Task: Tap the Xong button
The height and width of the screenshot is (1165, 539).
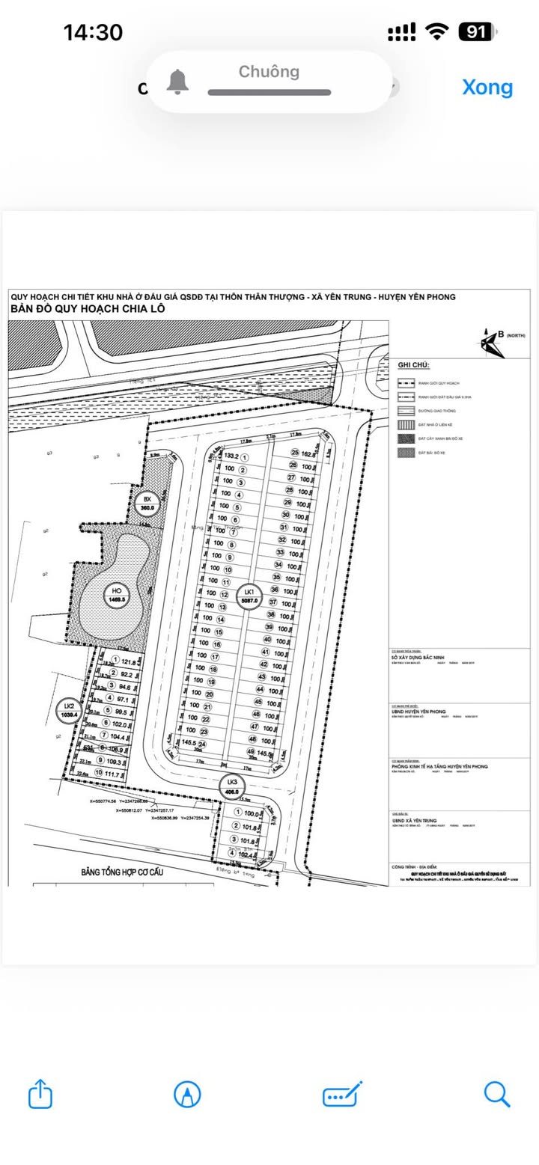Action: click(x=487, y=87)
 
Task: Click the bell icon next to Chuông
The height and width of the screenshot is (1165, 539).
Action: click(x=177, y=82)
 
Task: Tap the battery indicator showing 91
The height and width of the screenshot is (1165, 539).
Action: click(x=477, y=31)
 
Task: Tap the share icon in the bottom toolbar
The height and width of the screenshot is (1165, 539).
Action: click(x=40, y=1095)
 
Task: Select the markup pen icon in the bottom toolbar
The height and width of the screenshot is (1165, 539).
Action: click(x=186, y=1095)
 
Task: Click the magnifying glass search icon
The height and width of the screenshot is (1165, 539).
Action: click(x=496, y=1094)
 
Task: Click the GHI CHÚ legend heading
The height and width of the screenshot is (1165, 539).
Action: click(x=413, y=365)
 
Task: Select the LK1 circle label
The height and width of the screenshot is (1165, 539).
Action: click(x=249, y=596)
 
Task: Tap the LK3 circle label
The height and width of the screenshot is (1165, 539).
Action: click(x=231, y=785)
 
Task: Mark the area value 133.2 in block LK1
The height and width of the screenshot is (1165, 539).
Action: click(x=231, y=456)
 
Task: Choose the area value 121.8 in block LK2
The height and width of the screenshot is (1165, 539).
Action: click(x=128, y=662)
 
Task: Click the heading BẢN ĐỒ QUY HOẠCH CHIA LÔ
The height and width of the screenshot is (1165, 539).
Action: click(x=88, y=309)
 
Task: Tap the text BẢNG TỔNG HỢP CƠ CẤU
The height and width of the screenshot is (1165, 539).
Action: click(x=122, y=872)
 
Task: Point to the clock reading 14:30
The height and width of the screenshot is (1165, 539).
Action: click(x=93, y=32)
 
